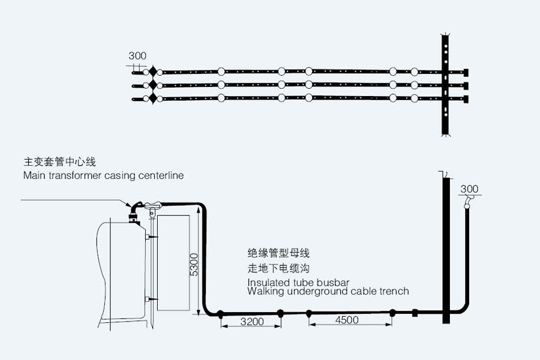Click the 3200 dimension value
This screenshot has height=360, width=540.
[x=251, y=321]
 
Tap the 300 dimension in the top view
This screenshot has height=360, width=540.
[x=137, y=56]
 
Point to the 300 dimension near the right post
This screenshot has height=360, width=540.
[x=469, y=190]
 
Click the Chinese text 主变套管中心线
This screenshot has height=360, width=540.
[x=59, y=162]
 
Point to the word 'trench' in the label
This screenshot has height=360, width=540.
[x=393, y=291]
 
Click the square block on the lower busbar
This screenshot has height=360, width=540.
[x=414, y=313]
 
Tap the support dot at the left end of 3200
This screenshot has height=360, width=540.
[x=221, y=313]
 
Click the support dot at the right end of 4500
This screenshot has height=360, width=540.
[x=392, y=313]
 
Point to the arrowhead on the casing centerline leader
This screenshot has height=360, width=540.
[x=127, y=205]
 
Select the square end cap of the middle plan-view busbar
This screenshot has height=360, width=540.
[x=466, y=85]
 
